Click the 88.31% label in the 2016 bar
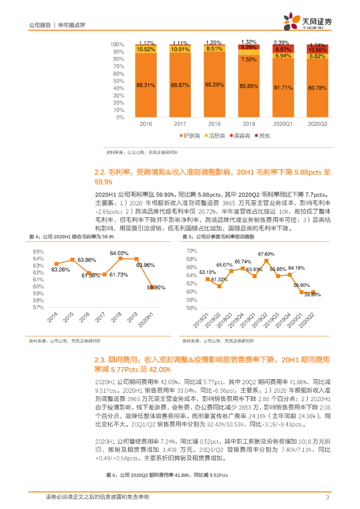pos(146,85)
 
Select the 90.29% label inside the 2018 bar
pos(215,85)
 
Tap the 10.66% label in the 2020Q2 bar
pos(317,50)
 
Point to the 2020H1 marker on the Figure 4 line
pos(153,287)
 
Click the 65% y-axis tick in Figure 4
pos(38,252)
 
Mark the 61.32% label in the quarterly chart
pos(219,280)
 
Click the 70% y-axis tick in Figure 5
pos(191,252)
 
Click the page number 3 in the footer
pos(327,497)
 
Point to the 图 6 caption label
pos(112,475)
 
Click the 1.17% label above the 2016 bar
pos(147,43)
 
